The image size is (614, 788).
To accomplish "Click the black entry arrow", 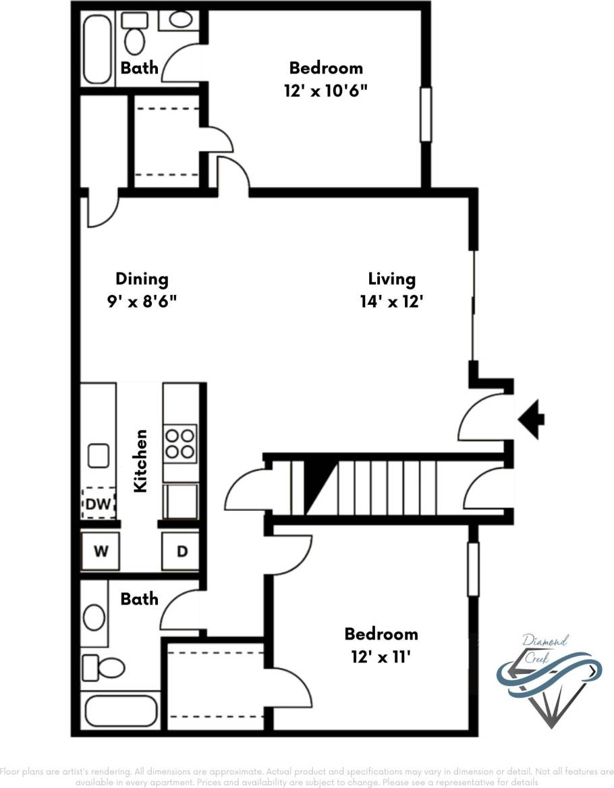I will [x=532, y=419].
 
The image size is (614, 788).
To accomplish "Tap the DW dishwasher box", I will [x=99, y=503].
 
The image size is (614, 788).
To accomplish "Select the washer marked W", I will [x=100, y=551].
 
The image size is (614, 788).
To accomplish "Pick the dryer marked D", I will [x=182, y=551].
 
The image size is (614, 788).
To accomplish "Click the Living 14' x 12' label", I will [x=391, y=289].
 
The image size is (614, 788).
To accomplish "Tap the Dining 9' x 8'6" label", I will [x=142, y=289].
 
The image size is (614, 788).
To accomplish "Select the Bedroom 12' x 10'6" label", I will [x=326, y=79].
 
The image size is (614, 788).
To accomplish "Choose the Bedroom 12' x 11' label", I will [x=381, y=645].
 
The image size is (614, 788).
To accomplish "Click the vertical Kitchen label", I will [x=141, y=460].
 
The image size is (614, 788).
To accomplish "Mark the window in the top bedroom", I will [x=426, y=115].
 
